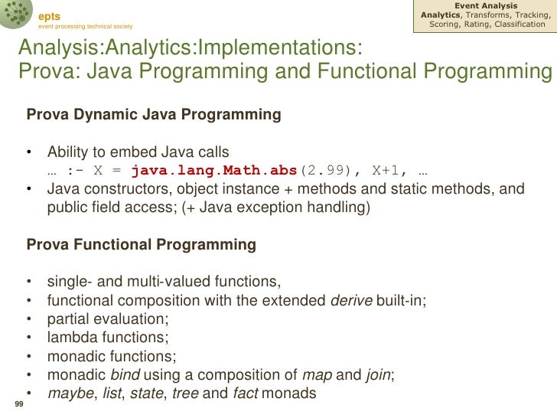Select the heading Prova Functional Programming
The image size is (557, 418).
pos(142,245)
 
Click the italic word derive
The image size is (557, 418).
pos(350,301)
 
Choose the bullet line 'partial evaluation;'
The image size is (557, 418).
pos(108,319)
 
